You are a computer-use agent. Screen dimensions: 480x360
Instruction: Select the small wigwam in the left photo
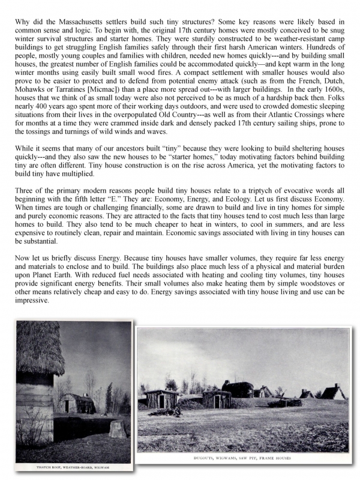pos(77,403)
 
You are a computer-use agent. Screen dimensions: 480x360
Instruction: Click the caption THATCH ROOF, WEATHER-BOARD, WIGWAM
pos(74,467)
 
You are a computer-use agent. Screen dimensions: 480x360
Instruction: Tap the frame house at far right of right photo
pos(332,392)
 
